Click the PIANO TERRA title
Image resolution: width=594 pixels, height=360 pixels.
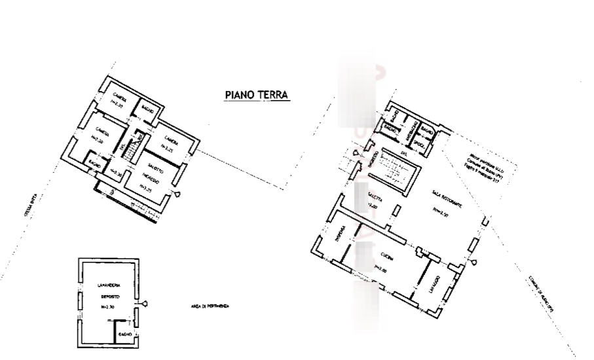coord(257,96)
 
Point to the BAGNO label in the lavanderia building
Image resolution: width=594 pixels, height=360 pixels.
coord(124,334)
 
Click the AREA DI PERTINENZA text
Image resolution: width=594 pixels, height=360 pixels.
coord(210,306)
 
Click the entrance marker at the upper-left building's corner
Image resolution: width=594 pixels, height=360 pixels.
coord(177,194)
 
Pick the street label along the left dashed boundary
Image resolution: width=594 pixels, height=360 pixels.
coord(29,206)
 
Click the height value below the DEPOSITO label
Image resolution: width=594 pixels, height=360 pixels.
coord(108,306)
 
